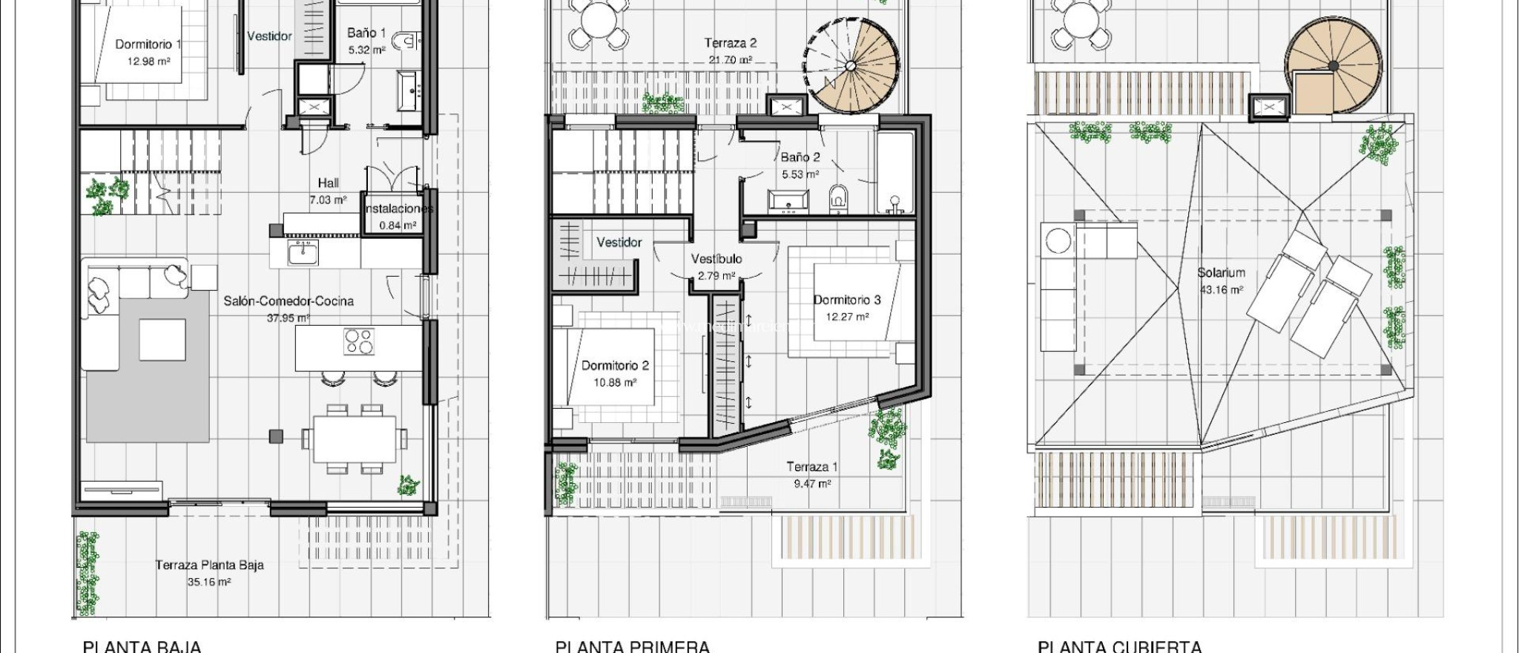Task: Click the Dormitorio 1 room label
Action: (148, 45)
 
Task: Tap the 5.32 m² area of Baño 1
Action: (366, 50)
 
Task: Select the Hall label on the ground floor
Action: (328, 183)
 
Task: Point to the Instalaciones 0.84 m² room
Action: (398, 217)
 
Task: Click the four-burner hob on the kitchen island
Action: (359, 341)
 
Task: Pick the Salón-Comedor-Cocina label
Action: (289, 301)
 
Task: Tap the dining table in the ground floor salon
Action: (354, 439)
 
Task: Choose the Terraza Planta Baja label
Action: (209, 565)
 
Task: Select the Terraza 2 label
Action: (731, 43)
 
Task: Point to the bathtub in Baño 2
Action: (894, 172)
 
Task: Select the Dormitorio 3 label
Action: (847, 300)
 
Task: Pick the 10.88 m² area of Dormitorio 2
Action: (615, 383)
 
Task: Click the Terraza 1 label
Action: (812, 467)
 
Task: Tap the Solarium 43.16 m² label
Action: (1221, 280)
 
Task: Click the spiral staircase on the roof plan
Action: (1333, 67)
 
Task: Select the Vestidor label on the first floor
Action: (619, 243)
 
